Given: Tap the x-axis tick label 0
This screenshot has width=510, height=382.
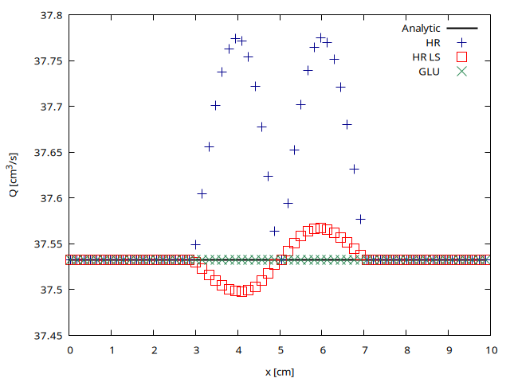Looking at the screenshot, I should click(x=70, y=349).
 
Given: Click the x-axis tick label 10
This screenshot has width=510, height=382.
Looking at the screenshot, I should click(x=491, y=349).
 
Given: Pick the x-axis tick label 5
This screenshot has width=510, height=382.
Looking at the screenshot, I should click(x=280, y=349).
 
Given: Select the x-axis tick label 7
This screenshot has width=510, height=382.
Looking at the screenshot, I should click(x=365, y=349).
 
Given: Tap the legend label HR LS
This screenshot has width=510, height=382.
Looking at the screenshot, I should click(x=428, y=57).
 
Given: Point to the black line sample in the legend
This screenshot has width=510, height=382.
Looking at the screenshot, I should click(x=461, y=29).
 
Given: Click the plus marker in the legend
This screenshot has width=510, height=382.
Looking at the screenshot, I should click(x=461, y=43).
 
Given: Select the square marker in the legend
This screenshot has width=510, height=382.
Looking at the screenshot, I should click(x=461, y=57).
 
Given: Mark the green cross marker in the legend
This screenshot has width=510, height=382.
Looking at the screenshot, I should click(x=461, y=72).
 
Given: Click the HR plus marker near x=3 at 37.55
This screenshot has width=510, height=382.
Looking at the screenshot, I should click(x=196, y=244).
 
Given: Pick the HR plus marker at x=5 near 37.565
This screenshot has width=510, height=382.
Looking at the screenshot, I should click(x=275, y=231).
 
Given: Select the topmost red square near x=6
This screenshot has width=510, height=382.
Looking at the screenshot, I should click(x=320, y=228).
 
